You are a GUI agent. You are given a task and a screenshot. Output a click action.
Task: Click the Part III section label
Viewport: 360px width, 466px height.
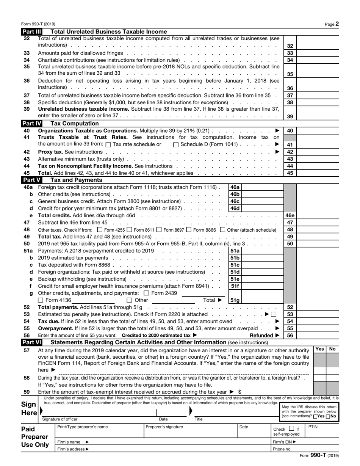pos(31,32)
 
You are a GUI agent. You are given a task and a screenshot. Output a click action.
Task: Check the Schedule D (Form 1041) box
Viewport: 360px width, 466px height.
pos(176,144)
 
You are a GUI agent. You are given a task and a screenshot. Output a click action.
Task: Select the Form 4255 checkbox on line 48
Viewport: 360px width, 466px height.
pos(100,229)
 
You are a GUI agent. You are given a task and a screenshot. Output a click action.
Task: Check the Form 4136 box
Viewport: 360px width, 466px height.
pos(41,300)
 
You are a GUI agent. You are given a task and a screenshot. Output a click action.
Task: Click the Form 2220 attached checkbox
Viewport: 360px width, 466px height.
pos(274,314)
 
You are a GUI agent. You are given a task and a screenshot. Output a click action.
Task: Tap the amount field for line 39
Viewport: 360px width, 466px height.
pos(318,116)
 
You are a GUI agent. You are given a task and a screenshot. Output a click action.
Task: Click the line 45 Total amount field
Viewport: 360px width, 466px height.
pos(318,173)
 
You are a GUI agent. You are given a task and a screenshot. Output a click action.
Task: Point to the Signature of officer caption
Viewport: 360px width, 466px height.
pos(60,419)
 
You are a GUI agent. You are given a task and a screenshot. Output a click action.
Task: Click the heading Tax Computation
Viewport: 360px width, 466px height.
pos(75,123)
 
